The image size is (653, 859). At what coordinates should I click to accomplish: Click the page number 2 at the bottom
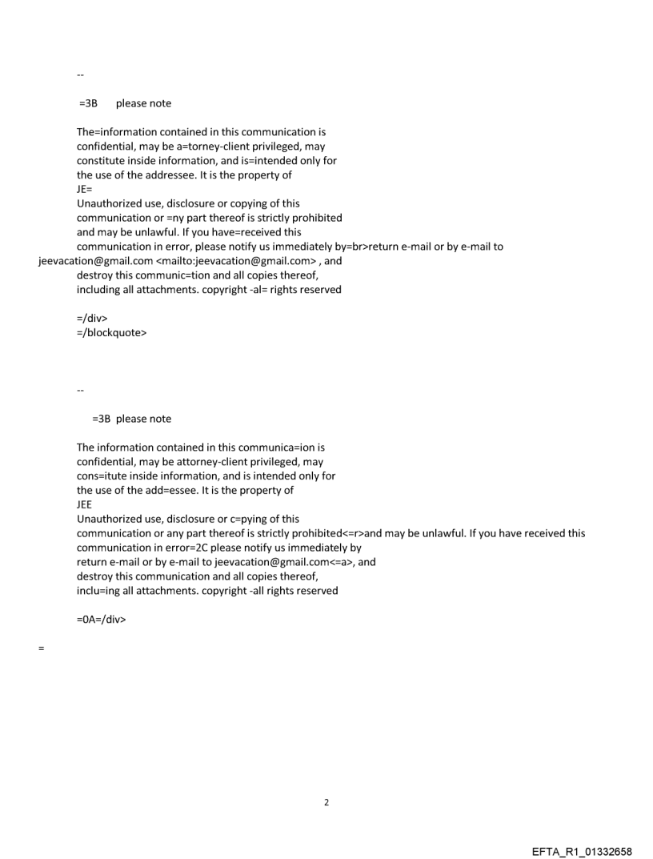click(326, 802)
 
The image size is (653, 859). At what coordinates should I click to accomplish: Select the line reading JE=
click(84, 189)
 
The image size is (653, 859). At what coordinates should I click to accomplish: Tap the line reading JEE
click(84, 504)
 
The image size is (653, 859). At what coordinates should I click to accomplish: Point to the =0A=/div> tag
click(101, 619)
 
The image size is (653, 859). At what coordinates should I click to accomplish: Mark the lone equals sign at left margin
click(41, 648)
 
